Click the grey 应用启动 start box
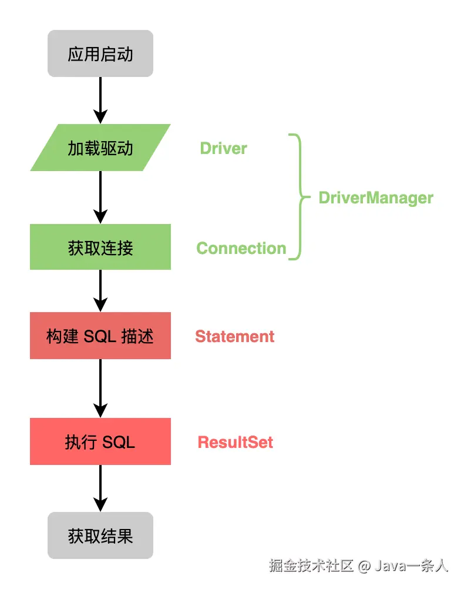[x=100, y=54]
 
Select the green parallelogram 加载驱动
[x=100, y=148]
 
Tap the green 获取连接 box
[x=100, y=247]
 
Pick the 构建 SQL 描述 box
[x=100, y=336]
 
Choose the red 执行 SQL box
[x=100, y=441]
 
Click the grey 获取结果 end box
[x=100, y=536]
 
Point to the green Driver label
[x=223, y=148]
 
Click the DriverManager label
[x=375, y=198]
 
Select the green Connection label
[x=241, y=248]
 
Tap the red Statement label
[x=234, y=336]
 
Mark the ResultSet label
[x=235, y=442]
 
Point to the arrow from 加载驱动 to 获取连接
[x=100, y=196]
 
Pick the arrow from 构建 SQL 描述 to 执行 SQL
[x=100, y=387]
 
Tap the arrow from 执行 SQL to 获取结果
[x=100, y=487]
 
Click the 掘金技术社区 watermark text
[x=311, y=565]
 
